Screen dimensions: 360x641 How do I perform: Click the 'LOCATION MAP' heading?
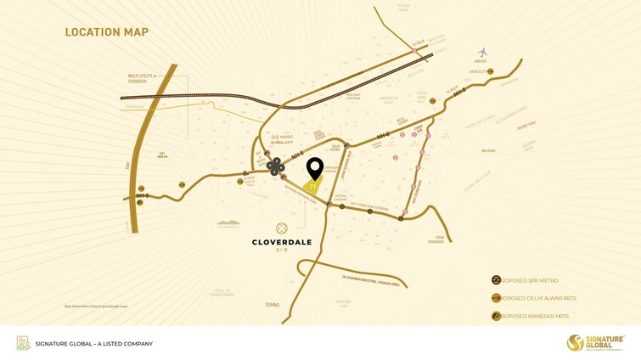(x=107, y=32)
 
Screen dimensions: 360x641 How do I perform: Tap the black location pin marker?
(x=315, y=168)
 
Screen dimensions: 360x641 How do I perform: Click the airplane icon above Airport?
(x=483, y=53)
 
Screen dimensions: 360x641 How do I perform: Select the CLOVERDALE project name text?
(x=282, y=242)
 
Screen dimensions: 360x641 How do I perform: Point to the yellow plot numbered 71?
(x=313, y=187)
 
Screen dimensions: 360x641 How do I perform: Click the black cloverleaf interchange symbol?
(x=276, y=167)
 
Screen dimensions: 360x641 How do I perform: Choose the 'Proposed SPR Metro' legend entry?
(x=530, y=280)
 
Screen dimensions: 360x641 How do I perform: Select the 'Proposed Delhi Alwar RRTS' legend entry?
(x=534, y=298)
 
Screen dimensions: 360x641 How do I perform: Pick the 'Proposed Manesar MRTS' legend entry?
(x=532, y=317)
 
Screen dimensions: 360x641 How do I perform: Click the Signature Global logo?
(x=594, y=342)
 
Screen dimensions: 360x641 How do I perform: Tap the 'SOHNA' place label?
(x=272, y=304)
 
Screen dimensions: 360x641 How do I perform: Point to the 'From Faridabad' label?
(x=435, y=239)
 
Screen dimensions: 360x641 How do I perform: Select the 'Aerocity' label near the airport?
(x=478, y=71)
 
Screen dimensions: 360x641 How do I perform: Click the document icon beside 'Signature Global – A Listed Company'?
(x=23, y=343)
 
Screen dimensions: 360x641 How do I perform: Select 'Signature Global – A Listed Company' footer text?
(x=94, y=344)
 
